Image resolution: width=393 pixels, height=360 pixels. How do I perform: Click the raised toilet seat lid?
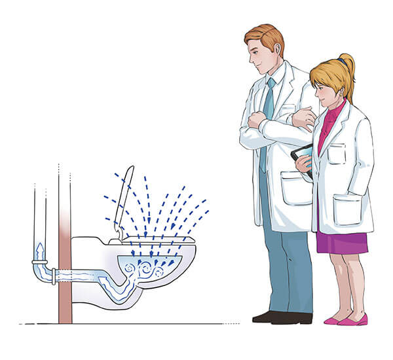tap(124, 196)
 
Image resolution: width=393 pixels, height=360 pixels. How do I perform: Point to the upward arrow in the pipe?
tap(39, 250)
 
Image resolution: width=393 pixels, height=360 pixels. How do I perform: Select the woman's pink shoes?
tap(346, 319)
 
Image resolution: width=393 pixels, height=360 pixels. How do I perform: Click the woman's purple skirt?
tap(343, 242)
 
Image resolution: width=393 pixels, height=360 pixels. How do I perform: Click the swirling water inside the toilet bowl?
tap(147, 268)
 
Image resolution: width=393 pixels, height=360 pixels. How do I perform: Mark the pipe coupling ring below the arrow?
tap(39, 262)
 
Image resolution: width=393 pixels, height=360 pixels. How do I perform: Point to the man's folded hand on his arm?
tap(255, 122)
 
